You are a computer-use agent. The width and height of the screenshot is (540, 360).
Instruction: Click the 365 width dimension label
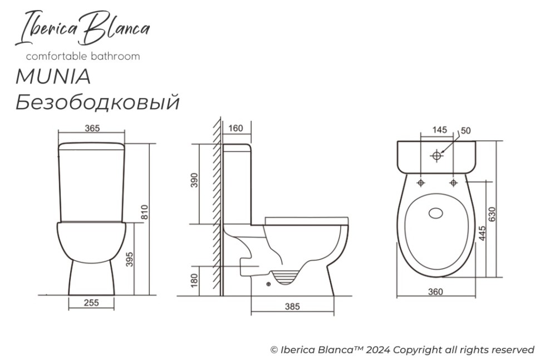92,128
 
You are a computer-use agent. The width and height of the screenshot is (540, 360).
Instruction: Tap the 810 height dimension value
144,212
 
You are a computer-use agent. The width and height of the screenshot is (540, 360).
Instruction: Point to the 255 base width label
91,303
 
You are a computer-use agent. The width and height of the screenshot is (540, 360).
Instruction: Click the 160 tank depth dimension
235,129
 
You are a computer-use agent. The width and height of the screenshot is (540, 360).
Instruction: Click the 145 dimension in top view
439,130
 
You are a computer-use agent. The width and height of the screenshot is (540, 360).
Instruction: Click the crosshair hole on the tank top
436,156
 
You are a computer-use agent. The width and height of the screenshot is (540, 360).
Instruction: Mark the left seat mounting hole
420,182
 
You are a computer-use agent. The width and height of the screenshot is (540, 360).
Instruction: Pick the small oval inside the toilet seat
436,212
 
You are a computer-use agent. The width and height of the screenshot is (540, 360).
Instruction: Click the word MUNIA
53,77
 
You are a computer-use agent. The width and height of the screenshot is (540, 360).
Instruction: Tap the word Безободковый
97,102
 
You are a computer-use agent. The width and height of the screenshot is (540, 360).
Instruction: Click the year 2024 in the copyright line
377,350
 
